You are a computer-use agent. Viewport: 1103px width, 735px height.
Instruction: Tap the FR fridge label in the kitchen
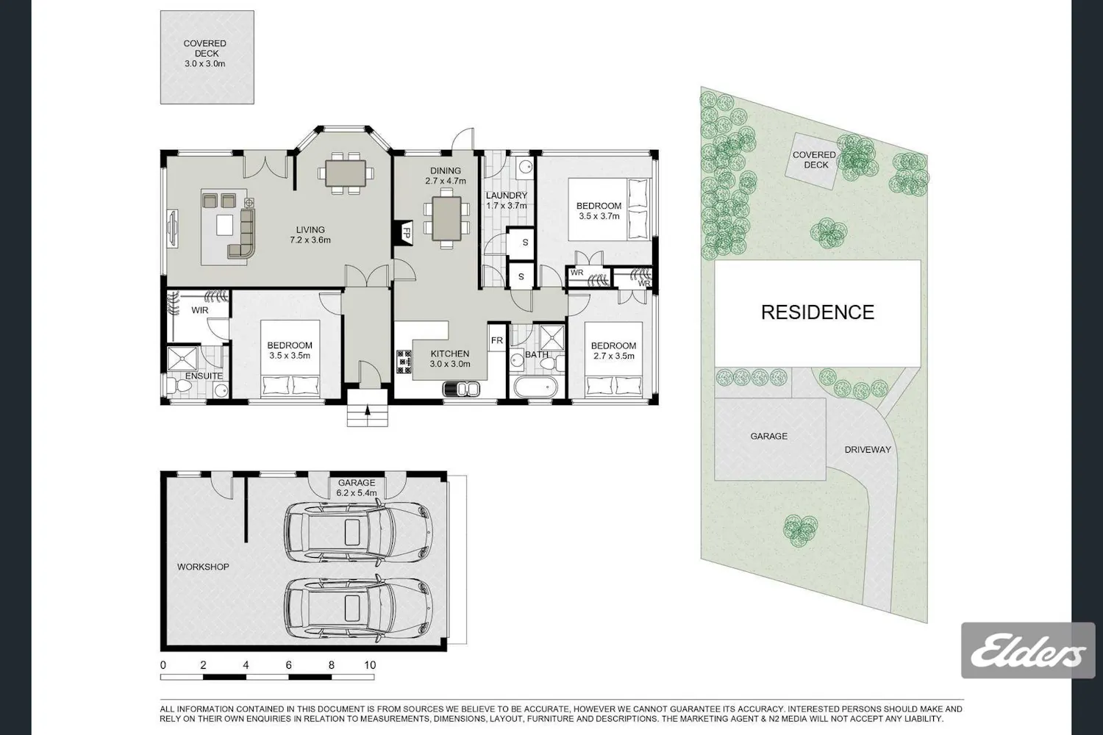(x=497, y=340)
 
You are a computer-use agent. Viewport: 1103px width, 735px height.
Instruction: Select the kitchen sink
(x=461, y=389)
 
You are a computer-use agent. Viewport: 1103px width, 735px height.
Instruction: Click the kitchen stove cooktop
(x=404, y=362)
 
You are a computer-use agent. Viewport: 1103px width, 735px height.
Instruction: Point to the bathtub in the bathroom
(x=536, y=387)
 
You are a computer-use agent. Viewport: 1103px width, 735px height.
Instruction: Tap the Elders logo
(x=1028, y=650)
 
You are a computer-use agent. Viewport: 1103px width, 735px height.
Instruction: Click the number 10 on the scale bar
(x=370, y=665)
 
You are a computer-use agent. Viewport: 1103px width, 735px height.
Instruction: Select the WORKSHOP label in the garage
(x=203, y=567)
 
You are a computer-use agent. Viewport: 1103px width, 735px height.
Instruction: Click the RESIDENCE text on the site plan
(x=818, y=312)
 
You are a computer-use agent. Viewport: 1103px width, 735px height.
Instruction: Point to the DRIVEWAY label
(x=868, y=450)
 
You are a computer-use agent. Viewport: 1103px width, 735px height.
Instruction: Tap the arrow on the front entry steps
(x=368, y=411)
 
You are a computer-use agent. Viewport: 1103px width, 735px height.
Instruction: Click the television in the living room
(x=172, y=229)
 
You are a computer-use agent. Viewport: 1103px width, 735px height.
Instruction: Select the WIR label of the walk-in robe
(x=200, y=310)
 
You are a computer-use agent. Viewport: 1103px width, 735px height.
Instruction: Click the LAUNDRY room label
(x=506, y=196)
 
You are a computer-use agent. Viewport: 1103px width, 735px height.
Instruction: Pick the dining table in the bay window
(x=346, y=173)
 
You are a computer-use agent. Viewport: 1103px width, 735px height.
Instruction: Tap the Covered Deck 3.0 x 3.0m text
(x=205, y=53)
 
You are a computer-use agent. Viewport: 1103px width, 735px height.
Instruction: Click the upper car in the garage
(x=359, y=532)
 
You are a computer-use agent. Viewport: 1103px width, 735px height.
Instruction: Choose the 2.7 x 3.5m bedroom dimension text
(x=613, y=356)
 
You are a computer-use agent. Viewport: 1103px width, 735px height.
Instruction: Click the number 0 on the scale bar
(x=163, y=665)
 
